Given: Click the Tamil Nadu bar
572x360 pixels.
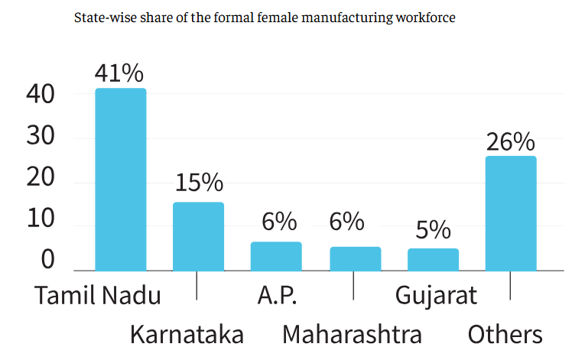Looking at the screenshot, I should pyautogui.click(x=121, y=179).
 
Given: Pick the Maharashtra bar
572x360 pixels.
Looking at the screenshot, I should pyautogui.click(x=355, y=258).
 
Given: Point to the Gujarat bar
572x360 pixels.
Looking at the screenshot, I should pyautogui.click(x=433, y=259).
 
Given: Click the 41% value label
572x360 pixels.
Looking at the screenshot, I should pyautogui.click(x=119, y=73).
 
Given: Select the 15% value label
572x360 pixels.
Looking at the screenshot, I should pyautogui.click(x=199, y=183).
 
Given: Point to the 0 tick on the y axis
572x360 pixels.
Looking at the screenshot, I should pyautogui.click(x=47, y=260).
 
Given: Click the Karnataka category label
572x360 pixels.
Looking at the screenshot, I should pyautogui.click(x=187, y=335).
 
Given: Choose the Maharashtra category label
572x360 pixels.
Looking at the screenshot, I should pyautogui.click(x=352, y=335).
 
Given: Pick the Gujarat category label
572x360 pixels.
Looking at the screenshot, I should pyautogui.click(x=436, y=295).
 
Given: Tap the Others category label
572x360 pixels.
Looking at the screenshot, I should pyautogui.click(x=505, y=335).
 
